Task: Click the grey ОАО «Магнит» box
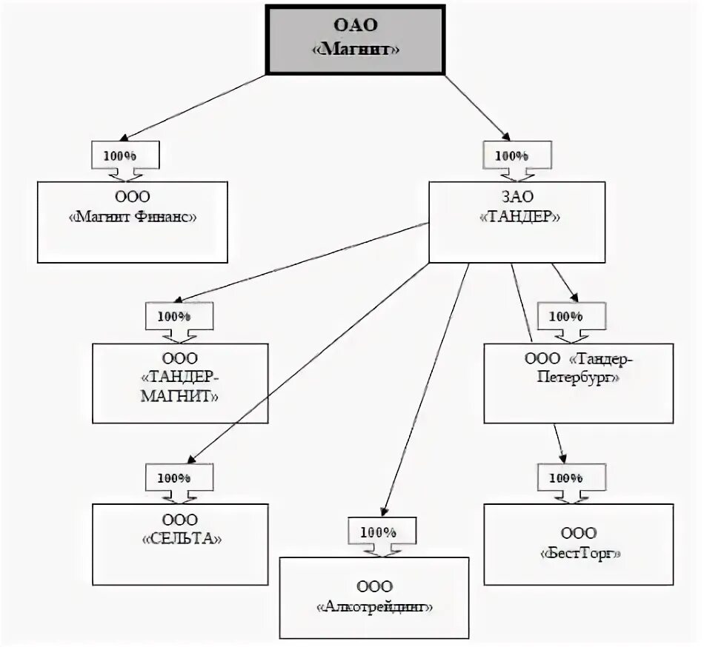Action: pyautogui.click(x=355, y=39)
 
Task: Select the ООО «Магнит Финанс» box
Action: pyautogui.click(x=133, y=222)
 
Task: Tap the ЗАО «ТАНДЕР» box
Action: pyautogui.click(x=517, y=222)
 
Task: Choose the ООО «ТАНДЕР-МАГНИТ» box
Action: pyautogui.click(x=180, y=383)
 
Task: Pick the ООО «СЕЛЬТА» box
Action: pyautogui.click(x=180, y=544)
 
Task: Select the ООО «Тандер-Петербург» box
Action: pyautogui.click(x=579, y=383)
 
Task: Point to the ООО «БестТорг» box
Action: pyautogui.click(x=579, y=544)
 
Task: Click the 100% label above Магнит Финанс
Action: pyautogui.click(x=120, y=156)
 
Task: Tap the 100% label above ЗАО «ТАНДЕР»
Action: pyautogui.click(x=511, y=156)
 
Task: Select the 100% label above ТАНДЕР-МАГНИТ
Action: pyautogui.click(x=173, y=317)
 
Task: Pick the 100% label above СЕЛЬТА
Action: pyautogui.click(x=173, y=478)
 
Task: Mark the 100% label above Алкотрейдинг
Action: pyautogui.click(x=378, y=532)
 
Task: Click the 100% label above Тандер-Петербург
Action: pyautogui.click(x=565, y=317)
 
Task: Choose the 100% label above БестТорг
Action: pyautogui.click(x=565, y=478)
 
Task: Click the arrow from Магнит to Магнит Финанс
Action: pyautogui.click(x=193, y=108)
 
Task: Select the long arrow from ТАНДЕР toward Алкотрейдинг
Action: pyautogui.click(x=425, y=390)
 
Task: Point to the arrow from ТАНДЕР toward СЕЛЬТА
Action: pyautogui.click(x=308, y=363)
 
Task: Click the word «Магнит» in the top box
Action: pyautogui.click(x=356, y=49)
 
